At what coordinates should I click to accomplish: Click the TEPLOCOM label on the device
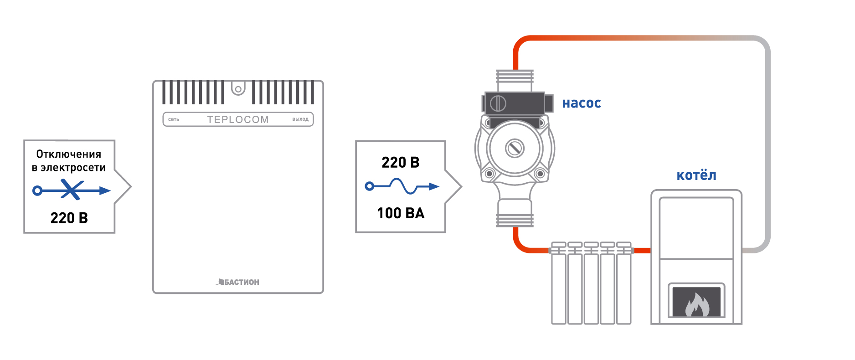click(x=238, y=119)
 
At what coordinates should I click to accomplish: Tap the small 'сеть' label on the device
click(x=174, y=119)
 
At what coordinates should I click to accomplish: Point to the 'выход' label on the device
click(x=300, y=119)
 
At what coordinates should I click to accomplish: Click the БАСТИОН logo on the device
click(x=238, y=282)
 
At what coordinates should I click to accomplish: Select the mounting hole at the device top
click(x=238, y=88)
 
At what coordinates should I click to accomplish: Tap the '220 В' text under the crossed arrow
click(x=69, y=218)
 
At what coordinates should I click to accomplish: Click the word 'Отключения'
click(x=69, y=154)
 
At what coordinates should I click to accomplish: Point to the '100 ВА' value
click(x=401, y=213)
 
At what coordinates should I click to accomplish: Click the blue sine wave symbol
click(x=403, y=186)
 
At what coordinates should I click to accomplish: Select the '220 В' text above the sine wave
click(x=400, y=162)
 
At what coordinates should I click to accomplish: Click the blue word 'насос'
click(x=582, y=103)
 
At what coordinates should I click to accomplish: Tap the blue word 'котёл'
click(x=696, y=175)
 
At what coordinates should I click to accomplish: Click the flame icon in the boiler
click(x=696, y=304)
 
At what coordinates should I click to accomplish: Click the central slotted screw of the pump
click(x=515, y=148)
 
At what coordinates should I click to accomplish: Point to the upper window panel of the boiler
click(x=696, y=228)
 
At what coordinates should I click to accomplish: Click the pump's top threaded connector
click(x=515, y=80)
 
